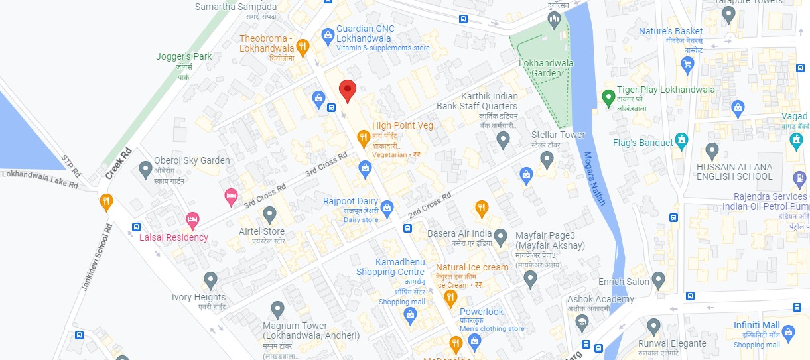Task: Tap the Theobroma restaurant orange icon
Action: coord(303,46)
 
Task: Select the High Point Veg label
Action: coord(403,125)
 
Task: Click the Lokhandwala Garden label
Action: coord(547,68)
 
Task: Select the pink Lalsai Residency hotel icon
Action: coord(192,218)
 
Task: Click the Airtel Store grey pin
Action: coord(269,213)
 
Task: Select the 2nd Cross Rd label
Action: coord(429,205)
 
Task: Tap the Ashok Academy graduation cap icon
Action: coord(582,321)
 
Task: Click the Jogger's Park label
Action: coord(184,57)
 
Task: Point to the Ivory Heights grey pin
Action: coord(210,279)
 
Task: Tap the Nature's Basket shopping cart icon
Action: coord(687,64)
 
